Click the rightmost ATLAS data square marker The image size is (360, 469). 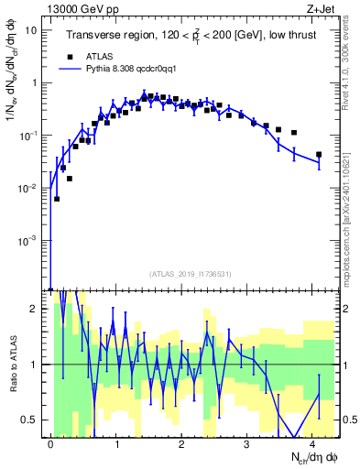point(319,155)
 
